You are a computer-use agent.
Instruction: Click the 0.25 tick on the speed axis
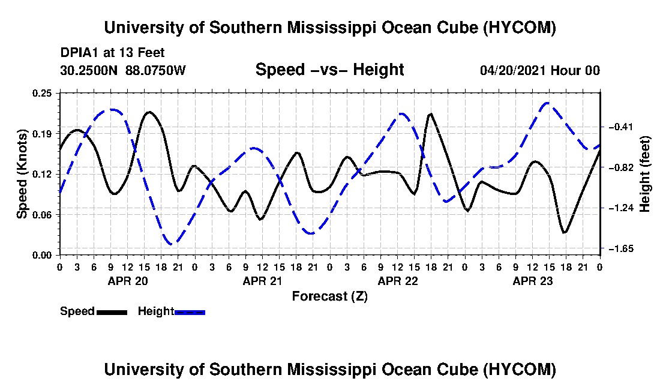(42, 93)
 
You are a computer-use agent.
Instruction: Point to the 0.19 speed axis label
(42, 134)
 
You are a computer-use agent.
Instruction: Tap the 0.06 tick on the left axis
(42, 215)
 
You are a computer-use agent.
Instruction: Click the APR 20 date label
(128, 281)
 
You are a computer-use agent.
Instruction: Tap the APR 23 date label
(532, 281)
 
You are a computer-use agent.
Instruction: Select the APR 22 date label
(398, 281)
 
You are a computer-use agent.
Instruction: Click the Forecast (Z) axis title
(330, 296)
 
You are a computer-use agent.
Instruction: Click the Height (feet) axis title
(645, 174)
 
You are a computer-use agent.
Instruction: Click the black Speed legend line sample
(112, 312)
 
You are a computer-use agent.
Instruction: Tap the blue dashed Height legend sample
(190, 312)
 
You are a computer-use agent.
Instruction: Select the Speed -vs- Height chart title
(330, 70)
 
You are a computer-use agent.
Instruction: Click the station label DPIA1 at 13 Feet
(112, 53)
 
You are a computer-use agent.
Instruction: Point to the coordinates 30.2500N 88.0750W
(123, 70)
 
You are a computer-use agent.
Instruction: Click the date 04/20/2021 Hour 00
(540, 70)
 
